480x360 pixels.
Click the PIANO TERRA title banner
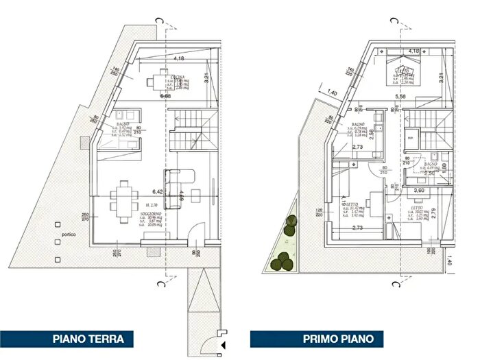pos(88,339)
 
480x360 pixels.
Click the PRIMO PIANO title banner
pos(338,339)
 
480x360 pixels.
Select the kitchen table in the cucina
pos(160,81)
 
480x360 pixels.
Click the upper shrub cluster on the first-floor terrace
pos(291,222)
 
